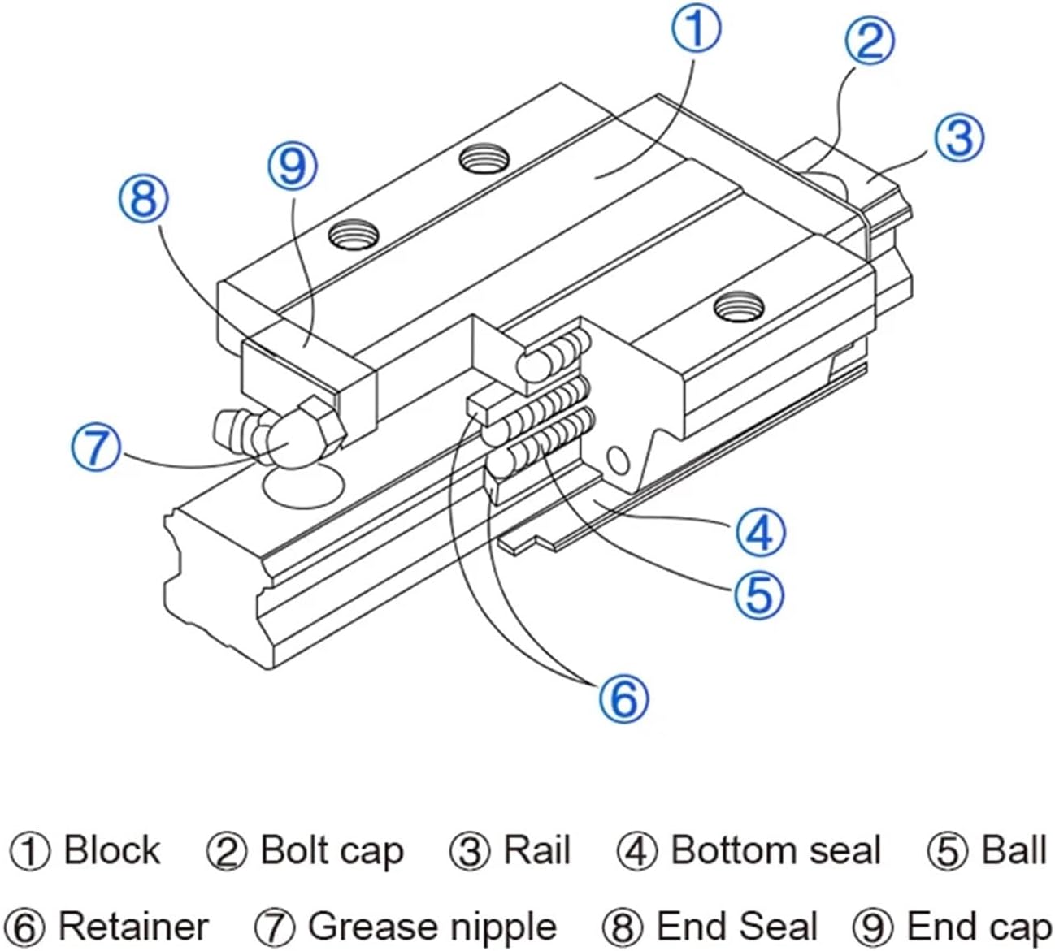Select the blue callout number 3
pyautogui.click(x=958, y=137)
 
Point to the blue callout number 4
pyautogui.click(x=760, y=533)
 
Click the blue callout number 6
pyautogui.click(x=623, y=698)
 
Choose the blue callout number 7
pyautogui.click(x=96, y=447)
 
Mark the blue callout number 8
pyautogui.click(x=144, y=197)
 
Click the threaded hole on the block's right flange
pyautogui.click(x=739, y=306)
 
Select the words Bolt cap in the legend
pyautogui.click(x=332, y=851)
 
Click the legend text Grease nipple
pyautogui.click(x=432, y=927)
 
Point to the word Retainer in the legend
pyautogui.click(x=134, y=927)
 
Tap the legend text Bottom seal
pyautogui.click(x=775, y=851)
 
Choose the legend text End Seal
pyautogui.click(x=736, y=927)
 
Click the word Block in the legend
pyautogui.click(x=112, y=851)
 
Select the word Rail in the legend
pyautogui.click(x=536, y=851)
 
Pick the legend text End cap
pyautogui.click(x=979, y=927)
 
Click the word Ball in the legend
pyautogui.click(x=1014, y=851)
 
